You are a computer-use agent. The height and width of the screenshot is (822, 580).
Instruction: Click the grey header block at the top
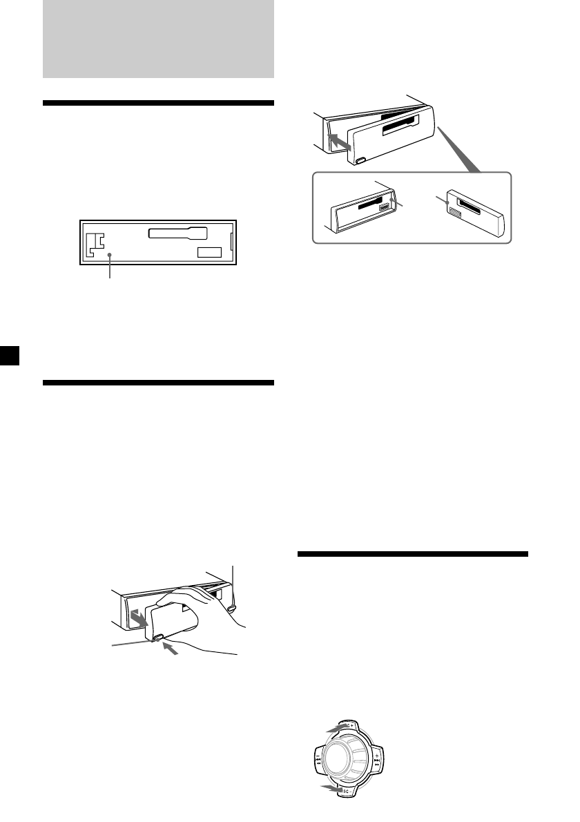(158, 39)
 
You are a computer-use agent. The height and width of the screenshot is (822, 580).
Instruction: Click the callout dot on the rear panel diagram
(110, 256)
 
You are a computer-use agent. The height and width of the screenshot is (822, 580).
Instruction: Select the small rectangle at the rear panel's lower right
(209, 253)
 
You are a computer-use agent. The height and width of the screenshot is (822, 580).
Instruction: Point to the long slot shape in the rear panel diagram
(177, 233)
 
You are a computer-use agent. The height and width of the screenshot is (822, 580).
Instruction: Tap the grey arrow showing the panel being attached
(338, 141)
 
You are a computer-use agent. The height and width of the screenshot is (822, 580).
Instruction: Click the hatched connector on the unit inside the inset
(383, 207)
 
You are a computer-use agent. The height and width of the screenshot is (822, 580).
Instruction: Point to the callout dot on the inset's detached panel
(447, 202)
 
